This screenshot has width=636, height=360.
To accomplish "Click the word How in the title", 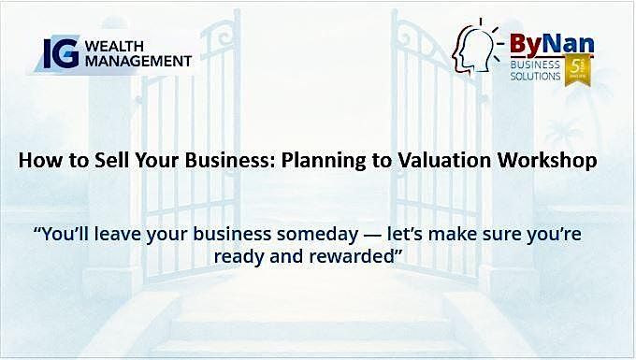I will pyautogui.click(x=37, y=162).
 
